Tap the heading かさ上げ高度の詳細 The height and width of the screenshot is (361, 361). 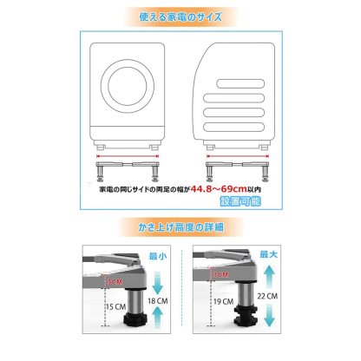click(180, 227)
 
